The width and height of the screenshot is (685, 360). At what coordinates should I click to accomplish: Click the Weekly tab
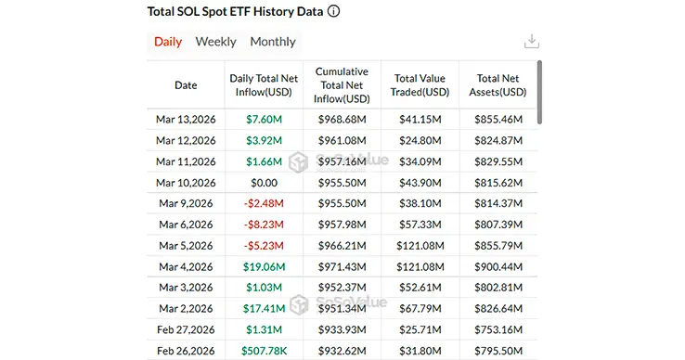(x=215, y=42)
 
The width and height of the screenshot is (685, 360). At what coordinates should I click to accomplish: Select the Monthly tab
(x=273, y=42)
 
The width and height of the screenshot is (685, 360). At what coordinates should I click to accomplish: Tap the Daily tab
(x=168, y=42)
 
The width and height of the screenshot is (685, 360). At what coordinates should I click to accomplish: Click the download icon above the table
(x=532, y=41)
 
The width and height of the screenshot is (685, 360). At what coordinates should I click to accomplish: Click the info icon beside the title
(x=333, y=12)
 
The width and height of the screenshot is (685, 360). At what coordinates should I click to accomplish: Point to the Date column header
(x=186, y=85)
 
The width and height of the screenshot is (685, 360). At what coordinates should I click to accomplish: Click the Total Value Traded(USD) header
(x=421, y=85)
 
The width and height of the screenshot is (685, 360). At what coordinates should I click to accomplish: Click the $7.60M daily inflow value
(x=265, y=120)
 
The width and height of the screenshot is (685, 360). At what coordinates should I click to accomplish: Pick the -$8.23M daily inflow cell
(x=265, y=225)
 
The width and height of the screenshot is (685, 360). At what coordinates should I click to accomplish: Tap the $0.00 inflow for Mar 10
(x=265, y=183)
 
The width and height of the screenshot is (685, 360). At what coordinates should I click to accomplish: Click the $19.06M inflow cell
(x=265, y=266)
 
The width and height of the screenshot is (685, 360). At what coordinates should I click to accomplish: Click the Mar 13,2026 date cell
(x=186, y=120)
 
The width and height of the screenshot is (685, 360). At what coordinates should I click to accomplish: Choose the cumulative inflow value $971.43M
(x=342, y=266)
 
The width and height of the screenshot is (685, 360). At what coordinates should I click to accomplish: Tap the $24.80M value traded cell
(x=421, y=141)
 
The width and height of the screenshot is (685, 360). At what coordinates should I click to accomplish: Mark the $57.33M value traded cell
(x=421, y=225)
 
